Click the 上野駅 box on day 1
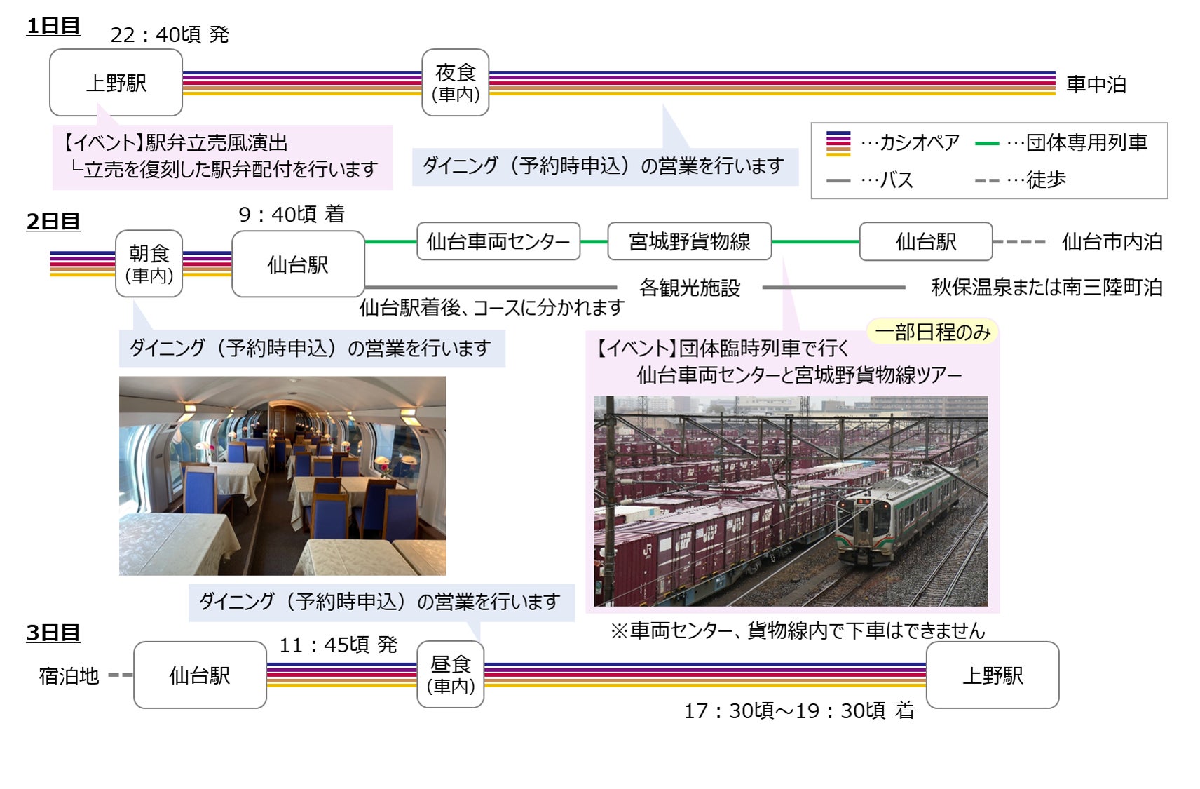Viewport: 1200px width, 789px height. click(x=116, y=83)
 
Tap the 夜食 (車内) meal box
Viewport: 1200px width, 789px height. click(x=455, y=82)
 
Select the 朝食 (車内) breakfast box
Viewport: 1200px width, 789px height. click(x=149, y=263)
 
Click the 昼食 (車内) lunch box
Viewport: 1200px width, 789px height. click(x=450, y=674)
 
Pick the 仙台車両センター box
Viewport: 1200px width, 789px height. click(x=498, y=241)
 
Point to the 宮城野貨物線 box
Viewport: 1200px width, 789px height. click(x=689, y=241)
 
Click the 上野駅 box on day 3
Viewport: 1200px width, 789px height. click(x=992, y=675)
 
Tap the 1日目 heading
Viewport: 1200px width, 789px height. click(x=53, y=26)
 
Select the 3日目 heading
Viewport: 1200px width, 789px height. click(x=53, y=633)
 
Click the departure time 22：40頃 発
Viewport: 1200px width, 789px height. click(x=170, y=34)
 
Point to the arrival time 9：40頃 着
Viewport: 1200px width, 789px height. click(x=291, y=214)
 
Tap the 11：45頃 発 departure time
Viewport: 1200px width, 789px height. click(x=338, y=645)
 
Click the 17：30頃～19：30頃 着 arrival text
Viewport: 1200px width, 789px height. click(x=799, y=710)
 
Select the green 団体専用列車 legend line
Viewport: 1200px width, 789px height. click(x=986, y=143)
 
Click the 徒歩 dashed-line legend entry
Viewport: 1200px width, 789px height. click(x=1021, y=180)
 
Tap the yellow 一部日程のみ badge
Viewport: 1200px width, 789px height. click(x=932, y=332)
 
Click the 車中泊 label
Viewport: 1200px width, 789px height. click(x=1096, y=84)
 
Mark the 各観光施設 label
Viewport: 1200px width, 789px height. click(x=689, y=288)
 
